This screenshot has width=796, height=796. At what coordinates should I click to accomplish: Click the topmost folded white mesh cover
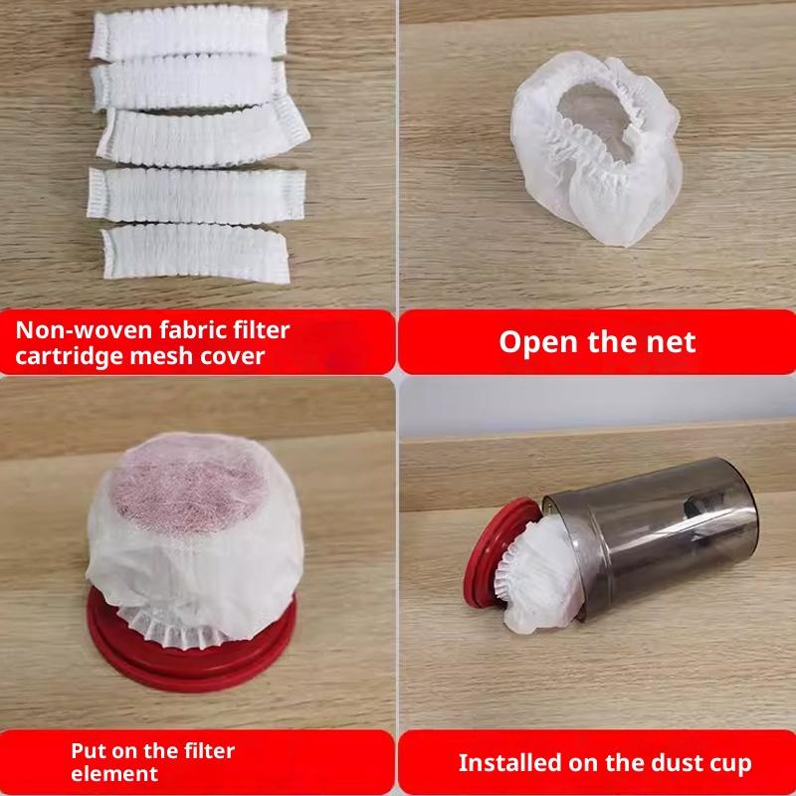click(x=188, y=32)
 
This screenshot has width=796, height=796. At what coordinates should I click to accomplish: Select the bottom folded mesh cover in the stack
click(x=196, y=253)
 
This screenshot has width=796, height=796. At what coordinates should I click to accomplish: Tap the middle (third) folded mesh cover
click(x=203, y=137)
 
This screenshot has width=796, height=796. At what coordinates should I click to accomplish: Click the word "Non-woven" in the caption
click(x=84, y=330)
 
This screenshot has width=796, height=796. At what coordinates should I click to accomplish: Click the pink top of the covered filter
click(x=188, y=483)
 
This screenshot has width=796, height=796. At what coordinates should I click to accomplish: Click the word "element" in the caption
click(x=114, y=774)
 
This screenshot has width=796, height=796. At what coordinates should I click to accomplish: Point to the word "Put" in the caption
click(x=88, y=751)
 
